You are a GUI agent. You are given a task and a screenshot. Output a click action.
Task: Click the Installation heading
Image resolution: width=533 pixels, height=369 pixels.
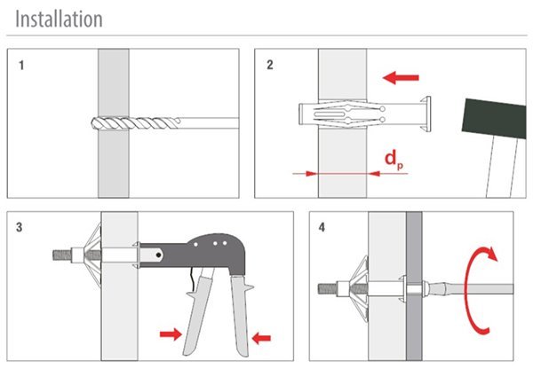coord(59,19)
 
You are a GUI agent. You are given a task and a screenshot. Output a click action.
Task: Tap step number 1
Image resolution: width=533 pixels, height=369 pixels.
coord(21,65)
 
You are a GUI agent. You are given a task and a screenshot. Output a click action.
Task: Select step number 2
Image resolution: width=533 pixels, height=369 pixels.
coord(270,65)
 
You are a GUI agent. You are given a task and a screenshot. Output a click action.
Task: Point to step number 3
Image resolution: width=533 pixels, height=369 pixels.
coord(20,227)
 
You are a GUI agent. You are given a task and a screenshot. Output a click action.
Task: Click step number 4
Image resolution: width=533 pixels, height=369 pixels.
coord(322,227)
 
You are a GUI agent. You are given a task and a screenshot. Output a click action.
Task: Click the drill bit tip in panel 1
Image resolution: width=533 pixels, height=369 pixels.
coord(92,123)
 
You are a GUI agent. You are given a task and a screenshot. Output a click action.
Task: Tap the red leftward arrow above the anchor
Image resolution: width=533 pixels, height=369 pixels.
coord(401,78)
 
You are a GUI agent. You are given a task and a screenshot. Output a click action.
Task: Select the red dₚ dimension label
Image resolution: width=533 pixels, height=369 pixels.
coord(394,160)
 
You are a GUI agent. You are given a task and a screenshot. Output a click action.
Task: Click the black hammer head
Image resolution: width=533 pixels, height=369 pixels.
coord(494,119)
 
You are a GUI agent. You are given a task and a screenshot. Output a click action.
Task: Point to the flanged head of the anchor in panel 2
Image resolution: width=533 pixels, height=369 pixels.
coord(426,114)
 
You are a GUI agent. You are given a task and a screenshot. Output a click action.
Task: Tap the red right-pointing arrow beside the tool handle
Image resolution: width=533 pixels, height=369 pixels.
coord(171,334)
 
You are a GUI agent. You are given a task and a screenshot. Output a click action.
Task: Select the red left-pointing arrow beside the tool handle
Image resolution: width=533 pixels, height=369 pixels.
coord(261,338)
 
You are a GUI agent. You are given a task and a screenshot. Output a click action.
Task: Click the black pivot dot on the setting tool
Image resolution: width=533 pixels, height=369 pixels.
coord(158,255)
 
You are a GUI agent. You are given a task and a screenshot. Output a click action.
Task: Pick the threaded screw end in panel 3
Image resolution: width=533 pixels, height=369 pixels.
coord(62,255)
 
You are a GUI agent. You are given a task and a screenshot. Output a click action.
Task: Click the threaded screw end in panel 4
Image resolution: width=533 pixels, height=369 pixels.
coord(328,289)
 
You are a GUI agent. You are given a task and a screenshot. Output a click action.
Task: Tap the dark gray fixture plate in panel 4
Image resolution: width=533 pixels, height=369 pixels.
coord(414,287)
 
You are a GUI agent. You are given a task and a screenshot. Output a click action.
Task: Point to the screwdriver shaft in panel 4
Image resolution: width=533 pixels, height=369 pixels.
coord(469,289)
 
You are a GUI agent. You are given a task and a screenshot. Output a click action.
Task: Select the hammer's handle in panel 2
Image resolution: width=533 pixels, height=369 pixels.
coord(501,168)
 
